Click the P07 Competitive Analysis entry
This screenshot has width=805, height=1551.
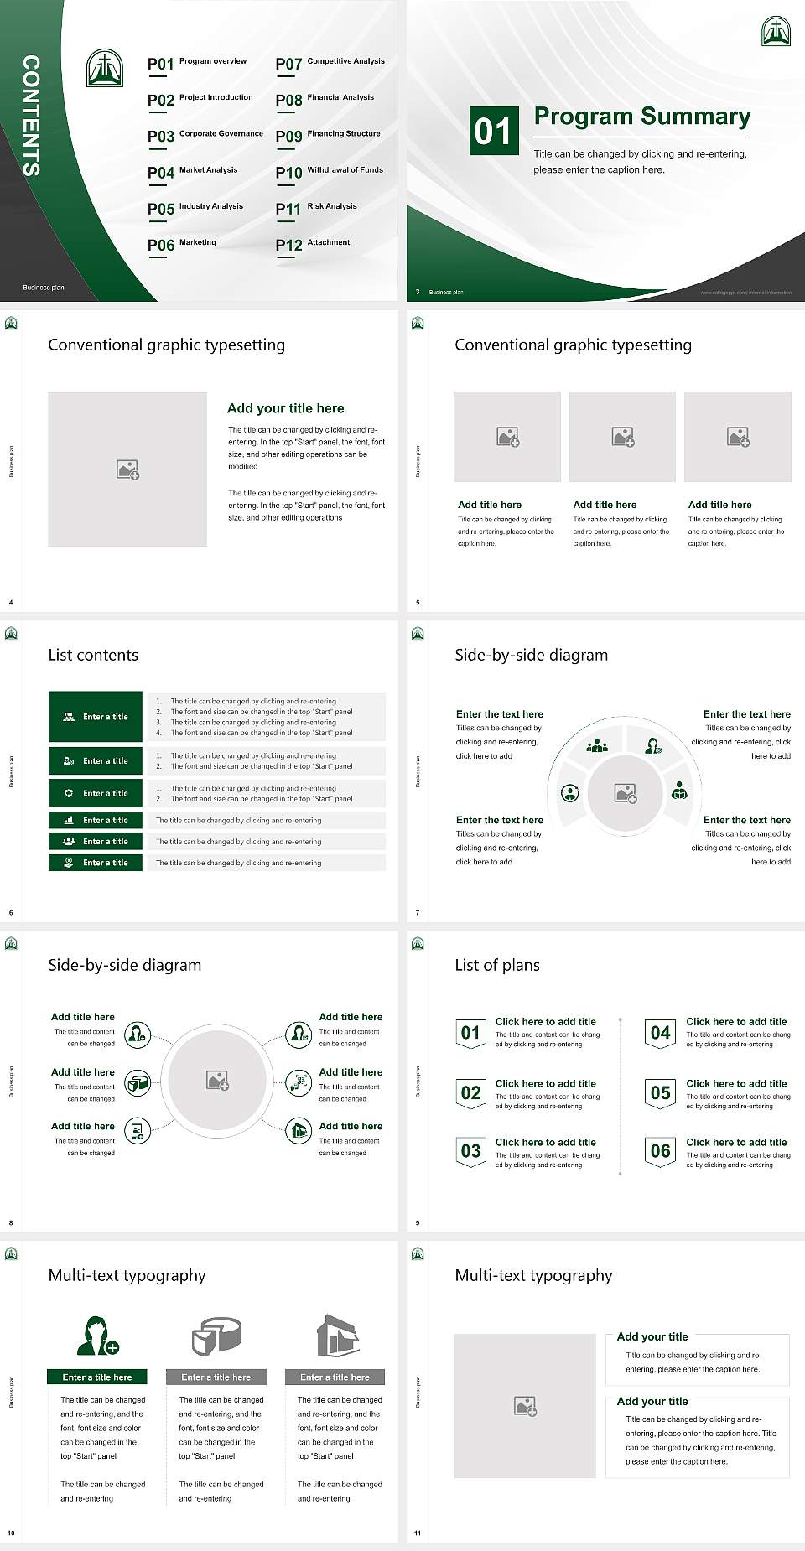tap(330, 63)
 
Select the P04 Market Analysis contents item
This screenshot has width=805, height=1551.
tap(193, 172)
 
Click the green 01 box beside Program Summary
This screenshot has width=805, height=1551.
tap(493, 131)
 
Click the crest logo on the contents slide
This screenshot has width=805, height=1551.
tap(105, 68)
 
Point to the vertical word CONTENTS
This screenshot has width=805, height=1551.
tap(31, 116)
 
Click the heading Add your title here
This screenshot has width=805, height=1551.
tap(285, 408)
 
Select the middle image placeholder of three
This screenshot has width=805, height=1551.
tap(622, 437)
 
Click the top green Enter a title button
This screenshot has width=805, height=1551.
tap(96, 717)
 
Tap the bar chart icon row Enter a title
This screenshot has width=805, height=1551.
tap(96, 820)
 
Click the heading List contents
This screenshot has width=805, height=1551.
tap(93, 655)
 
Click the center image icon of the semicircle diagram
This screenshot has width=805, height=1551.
tap(626, 793)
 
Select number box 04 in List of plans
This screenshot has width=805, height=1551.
tap(661, 1033)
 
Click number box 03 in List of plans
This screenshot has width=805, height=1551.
tap(470, 1151)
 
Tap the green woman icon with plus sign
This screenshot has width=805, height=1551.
tap(97, 1336)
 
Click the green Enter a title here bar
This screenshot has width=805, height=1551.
tap(97, 1377)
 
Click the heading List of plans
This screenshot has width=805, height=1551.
tap(497, 965)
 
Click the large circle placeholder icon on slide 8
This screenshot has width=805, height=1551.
tap(218, 1081)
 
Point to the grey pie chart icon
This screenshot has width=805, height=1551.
tap(216, 1336)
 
